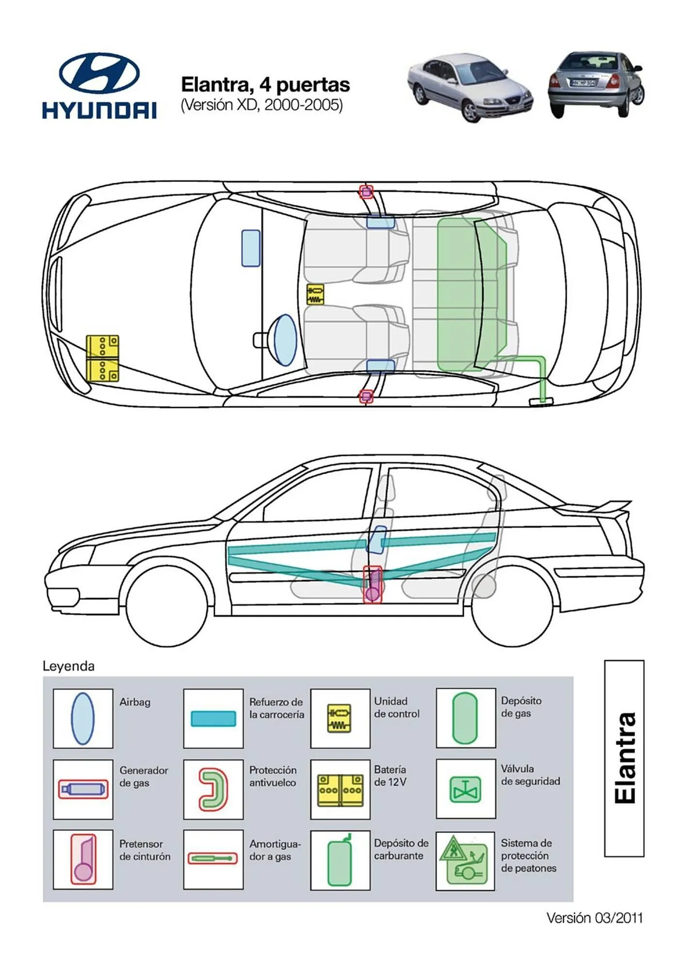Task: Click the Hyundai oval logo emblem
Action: click(x=99, y=73)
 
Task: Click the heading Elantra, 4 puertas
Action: click(x=265, y=85)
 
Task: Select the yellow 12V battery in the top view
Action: click(x=102, y=358)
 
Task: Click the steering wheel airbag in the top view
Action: click(x=285, y=339)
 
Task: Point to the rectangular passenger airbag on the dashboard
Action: click(x=251, y=248)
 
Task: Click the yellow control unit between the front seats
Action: click(x=315, y=294)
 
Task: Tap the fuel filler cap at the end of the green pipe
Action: click(x=541, y=401)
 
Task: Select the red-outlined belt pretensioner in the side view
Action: click(x=373, y=584)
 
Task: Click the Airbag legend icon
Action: click(x=82, y=718)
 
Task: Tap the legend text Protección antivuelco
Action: click(x=273, y=776)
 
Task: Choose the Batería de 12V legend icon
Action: click(x=340, y=790)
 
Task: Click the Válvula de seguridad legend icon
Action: click(x=465, y=789)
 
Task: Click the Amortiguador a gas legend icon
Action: click(x=213, y=859)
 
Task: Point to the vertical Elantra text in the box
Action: click(x=624, y=758)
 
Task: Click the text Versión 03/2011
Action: click(x=594, y=918)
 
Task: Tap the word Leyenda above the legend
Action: click(x=68, y=666)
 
